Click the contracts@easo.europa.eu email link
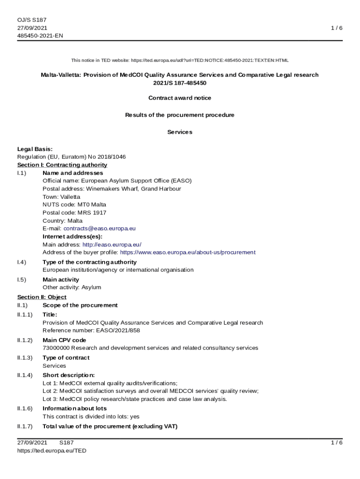tap(100, 228)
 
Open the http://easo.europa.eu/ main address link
tap(112, 244)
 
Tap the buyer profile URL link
tap(187, 252)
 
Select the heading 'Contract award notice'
tap(180, 98)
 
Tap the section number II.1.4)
tap(25, 375)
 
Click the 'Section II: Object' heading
tap(42, 297)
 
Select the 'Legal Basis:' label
tap(35, 149)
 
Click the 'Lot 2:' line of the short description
tap(151, 391)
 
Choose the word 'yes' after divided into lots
tap(135, 416)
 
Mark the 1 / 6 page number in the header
tap(337, 28)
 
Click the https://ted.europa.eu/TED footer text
tap(51, 450)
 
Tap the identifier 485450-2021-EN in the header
tap(40, 36)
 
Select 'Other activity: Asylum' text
tap(72, 287)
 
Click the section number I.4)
tap(22, 262)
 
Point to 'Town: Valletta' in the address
tap(61, 196)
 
